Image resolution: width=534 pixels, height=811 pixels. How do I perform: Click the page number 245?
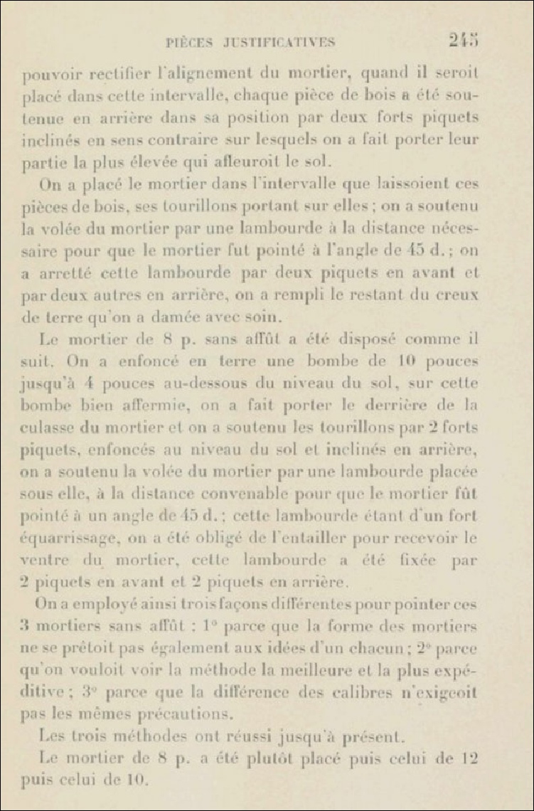point(463,41)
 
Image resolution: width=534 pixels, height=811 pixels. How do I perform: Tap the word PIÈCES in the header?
point(188,43)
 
